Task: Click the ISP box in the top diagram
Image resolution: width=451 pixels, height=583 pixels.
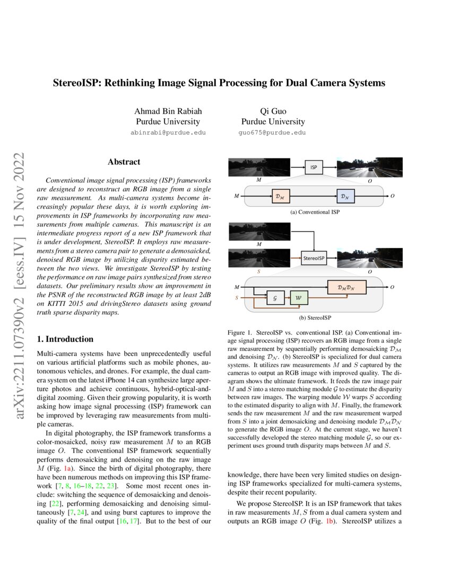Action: pyautogui.click(x=313, y=167)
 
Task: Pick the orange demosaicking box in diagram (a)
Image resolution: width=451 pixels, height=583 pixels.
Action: pyautogui.click(x=281, y=197)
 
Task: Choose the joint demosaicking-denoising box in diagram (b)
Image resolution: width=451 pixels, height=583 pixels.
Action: pyautogui.click(x=347, y=287)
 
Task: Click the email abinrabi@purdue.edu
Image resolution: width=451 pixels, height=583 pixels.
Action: pyautogui.click(x=168, y=132)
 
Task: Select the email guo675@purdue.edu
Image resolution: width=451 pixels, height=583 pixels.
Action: pyautogui.click(x=273, y=132)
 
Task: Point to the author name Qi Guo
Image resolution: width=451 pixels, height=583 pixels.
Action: pyautogui.click(x=273, y=111)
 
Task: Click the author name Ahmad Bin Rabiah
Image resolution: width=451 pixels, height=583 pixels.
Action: pyautogui.click(x=169, y=111)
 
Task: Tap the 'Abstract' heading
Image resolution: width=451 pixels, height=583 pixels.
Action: pyautogui.click(x=124, y=162)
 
